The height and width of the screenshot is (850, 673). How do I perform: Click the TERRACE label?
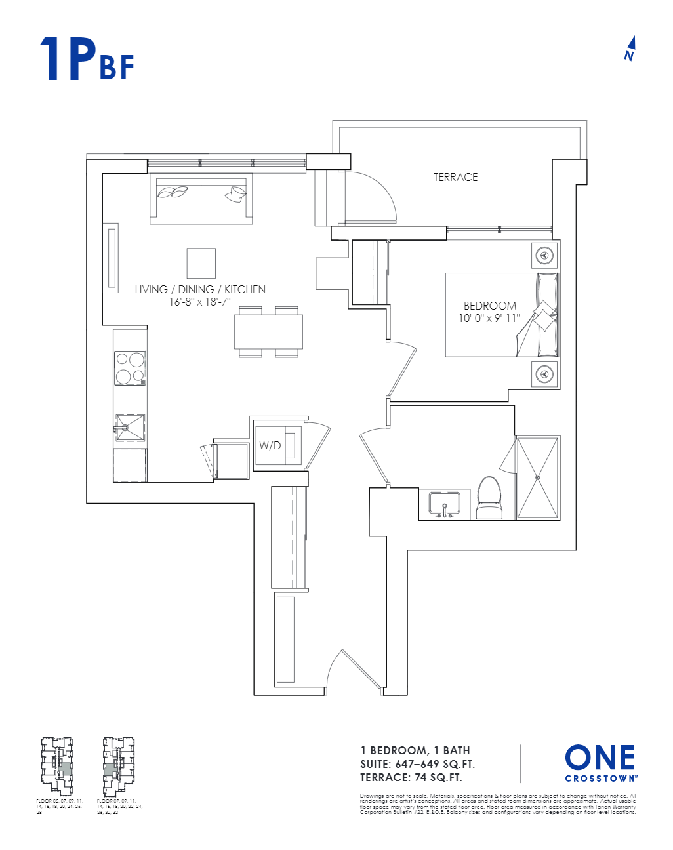[x=455, y=177]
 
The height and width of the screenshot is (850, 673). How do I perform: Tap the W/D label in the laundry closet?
[x=270, y=446]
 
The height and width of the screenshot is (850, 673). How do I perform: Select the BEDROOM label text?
[x=490, y=306]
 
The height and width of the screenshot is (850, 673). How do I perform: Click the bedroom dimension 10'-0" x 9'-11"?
[x=489, y=319]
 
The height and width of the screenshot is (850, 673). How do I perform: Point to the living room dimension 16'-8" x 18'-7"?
[x=200, y=302]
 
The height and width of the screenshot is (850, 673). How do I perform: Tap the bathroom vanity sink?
[x=445, y=504]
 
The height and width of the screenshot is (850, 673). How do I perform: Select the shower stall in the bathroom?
[x=538, y=477]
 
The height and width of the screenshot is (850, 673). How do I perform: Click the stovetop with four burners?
[x=130, y=368]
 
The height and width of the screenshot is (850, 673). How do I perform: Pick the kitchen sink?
[x=130, y=428]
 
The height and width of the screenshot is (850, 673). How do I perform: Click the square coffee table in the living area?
[x=201, y=263]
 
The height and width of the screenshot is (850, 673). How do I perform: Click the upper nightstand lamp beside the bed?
[x=544, y=255]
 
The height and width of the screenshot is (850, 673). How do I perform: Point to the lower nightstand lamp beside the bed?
[x=544, y=374]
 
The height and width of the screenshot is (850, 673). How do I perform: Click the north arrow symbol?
[x=630, y=49]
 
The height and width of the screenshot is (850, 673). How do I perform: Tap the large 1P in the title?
[x=68, y=60]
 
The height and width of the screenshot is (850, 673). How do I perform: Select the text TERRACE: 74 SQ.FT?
[x=411, y=778]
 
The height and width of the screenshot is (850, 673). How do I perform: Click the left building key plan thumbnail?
[x=57, y=766]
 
